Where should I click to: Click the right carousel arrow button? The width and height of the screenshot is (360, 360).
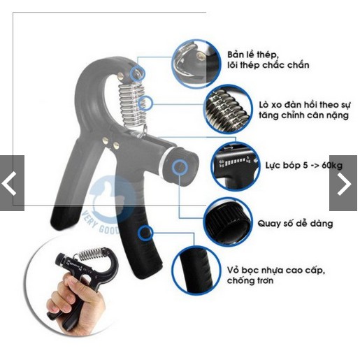point(344,183)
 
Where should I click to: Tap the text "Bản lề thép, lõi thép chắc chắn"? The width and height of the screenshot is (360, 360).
point(268,59)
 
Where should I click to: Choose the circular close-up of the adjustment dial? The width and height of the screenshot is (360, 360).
point(224,222)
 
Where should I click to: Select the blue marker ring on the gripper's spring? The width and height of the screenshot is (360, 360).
point(145,103)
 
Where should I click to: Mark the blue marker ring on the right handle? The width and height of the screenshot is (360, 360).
point(145,233)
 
